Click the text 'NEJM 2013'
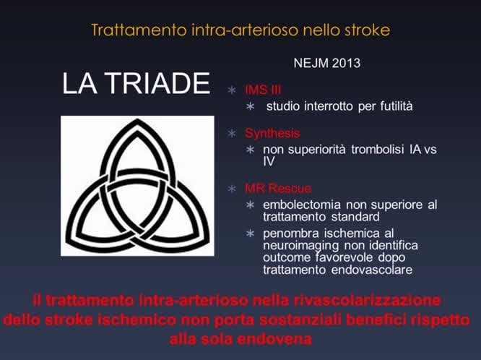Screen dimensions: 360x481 click(x=327, y=63)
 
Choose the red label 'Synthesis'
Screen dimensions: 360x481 click(x=272, y=134)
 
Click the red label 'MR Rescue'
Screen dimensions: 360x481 click(x=278, y=189)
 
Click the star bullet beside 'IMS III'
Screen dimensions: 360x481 click(x=231, y=90)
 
